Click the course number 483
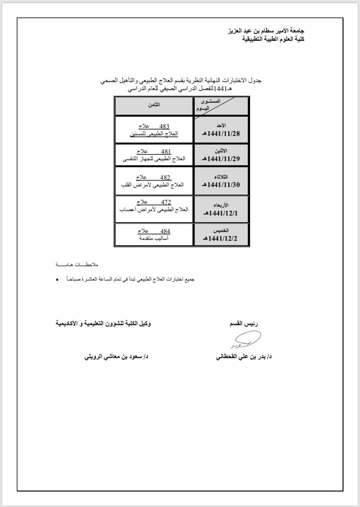(164, 126)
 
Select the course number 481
(166, 152)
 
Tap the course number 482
(165, 177)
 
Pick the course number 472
(166, 202)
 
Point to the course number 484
(165, 231)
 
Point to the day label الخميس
(221, 231)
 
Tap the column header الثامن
(154, 105)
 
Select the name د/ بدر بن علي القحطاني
(244, 357)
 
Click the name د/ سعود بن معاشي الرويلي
(116, 357)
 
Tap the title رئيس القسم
(244, 324)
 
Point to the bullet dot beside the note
(57, 280)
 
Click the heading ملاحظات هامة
(77, 265)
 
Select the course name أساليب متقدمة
(154, 238)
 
